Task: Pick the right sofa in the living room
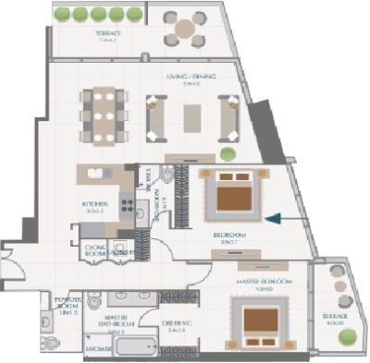(228, 115)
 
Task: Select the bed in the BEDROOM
(224, 197)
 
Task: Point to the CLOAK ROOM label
(95, 249)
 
